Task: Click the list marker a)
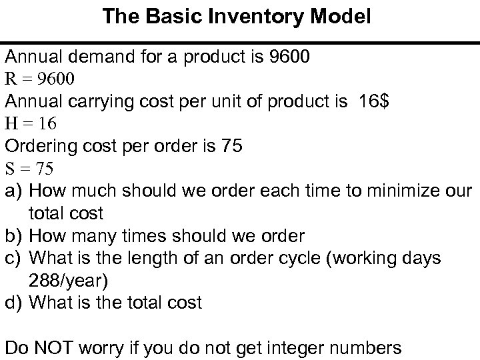(x=15, y=191)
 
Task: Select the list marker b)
(x=15, y=236)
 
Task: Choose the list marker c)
(x=15, y=258)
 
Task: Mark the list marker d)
(x=15, y=303)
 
